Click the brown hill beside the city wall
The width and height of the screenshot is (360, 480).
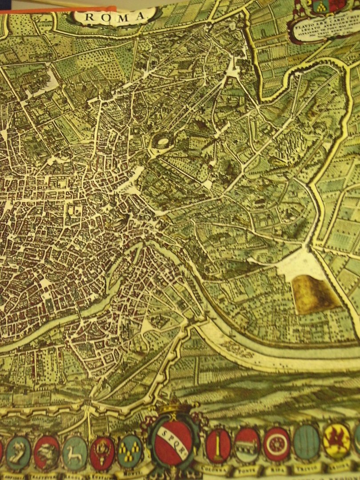(315, 294)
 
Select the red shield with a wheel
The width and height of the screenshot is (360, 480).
(277, 444)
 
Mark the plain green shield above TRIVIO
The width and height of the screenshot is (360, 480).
(307, 442)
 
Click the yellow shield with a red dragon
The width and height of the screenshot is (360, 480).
(336, 440)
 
